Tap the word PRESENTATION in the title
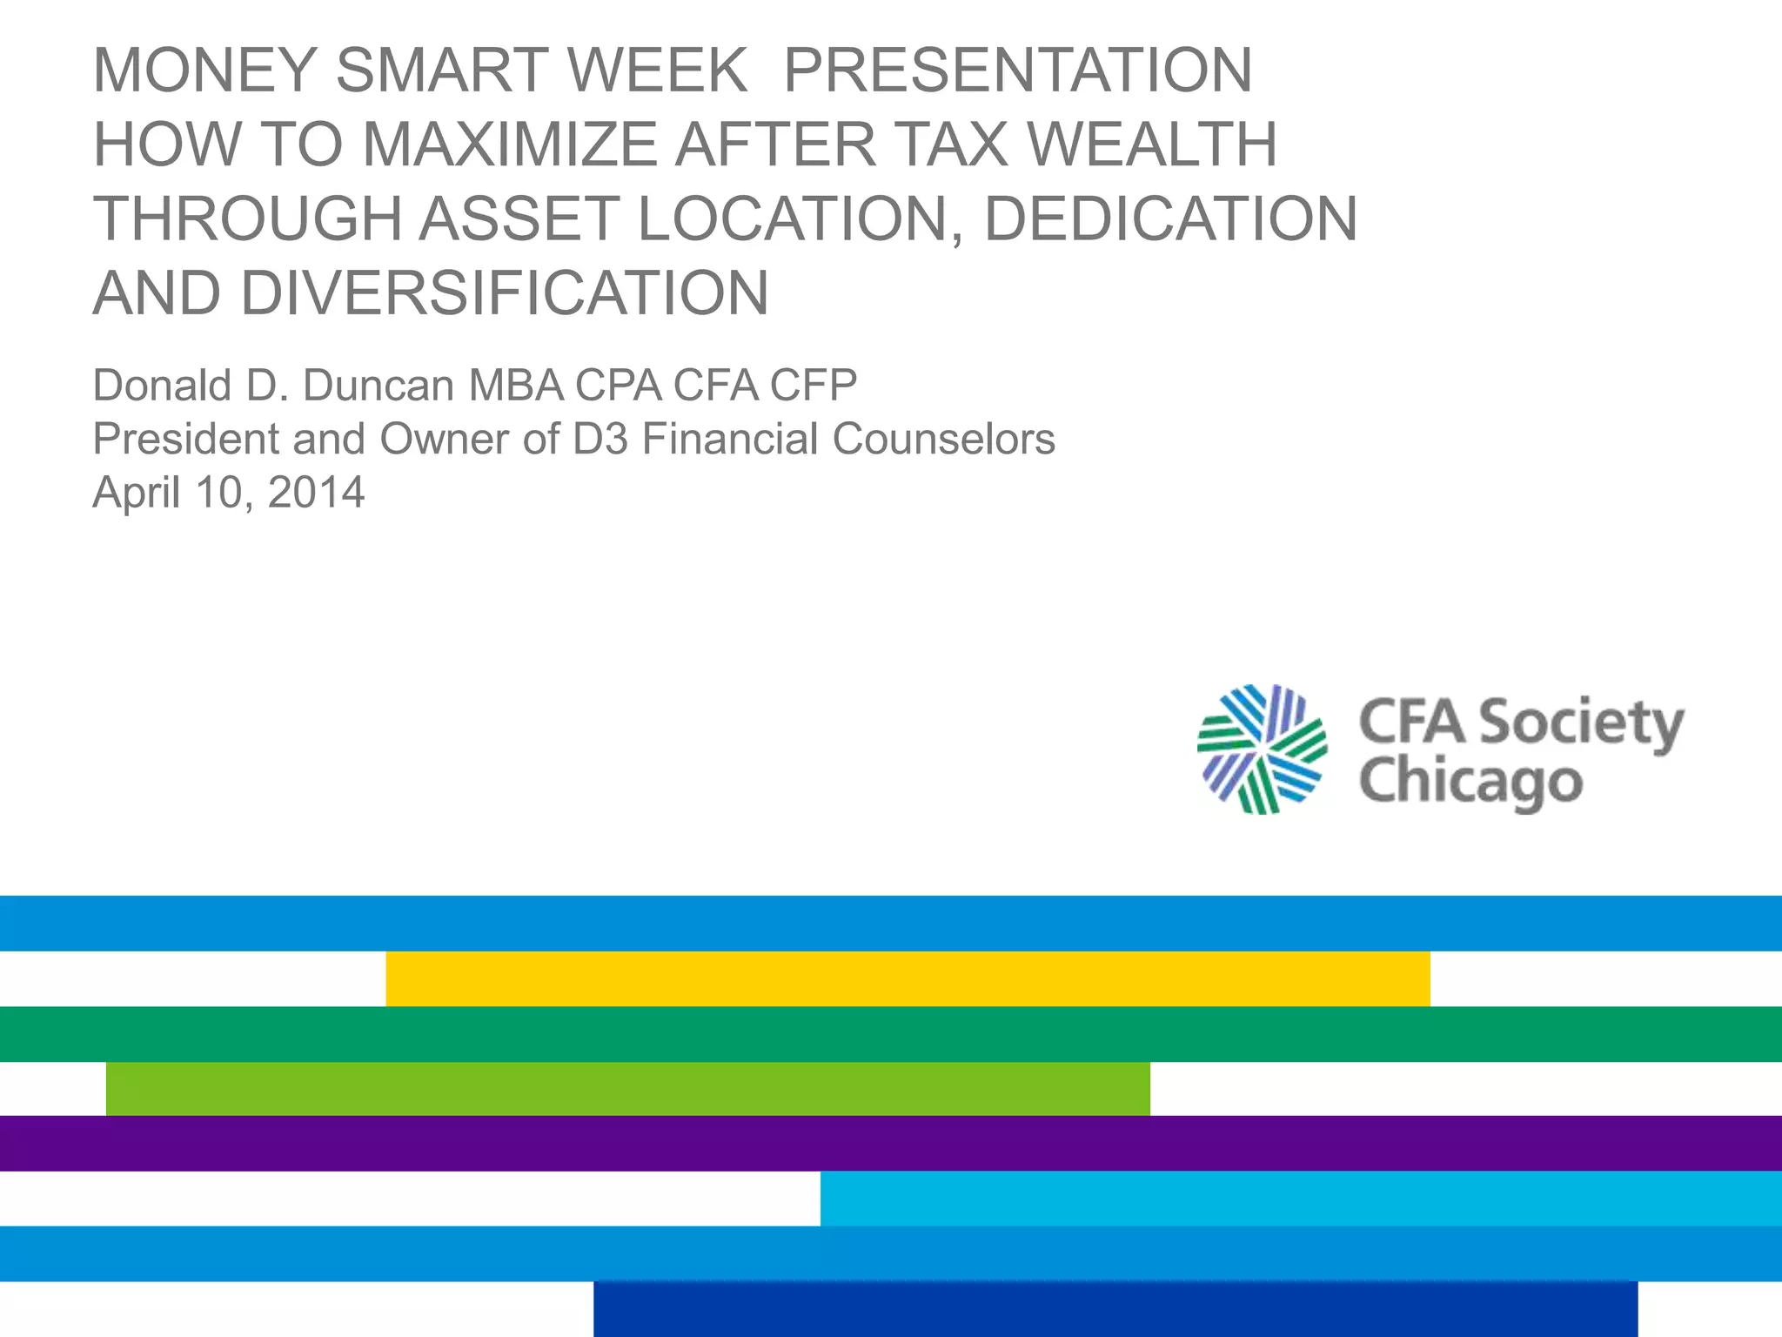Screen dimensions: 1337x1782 coord(1018,71)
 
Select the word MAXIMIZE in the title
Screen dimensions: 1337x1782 coord(509,144)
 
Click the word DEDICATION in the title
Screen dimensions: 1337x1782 coord(1170,218)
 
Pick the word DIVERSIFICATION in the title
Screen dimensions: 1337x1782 coord(505,293)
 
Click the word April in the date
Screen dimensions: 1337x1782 coord(137,493)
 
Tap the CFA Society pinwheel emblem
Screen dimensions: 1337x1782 coord(1262,749)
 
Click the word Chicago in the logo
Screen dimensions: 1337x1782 coord(1470,781)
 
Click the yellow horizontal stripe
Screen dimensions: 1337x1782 coord(908,978)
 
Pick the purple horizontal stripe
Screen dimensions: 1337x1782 coord(891,1143)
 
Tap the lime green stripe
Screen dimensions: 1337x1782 coord(627,1088)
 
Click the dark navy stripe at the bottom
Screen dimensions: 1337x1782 coord(1115,1309)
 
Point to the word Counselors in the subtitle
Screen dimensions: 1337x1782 coord(943,439)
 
